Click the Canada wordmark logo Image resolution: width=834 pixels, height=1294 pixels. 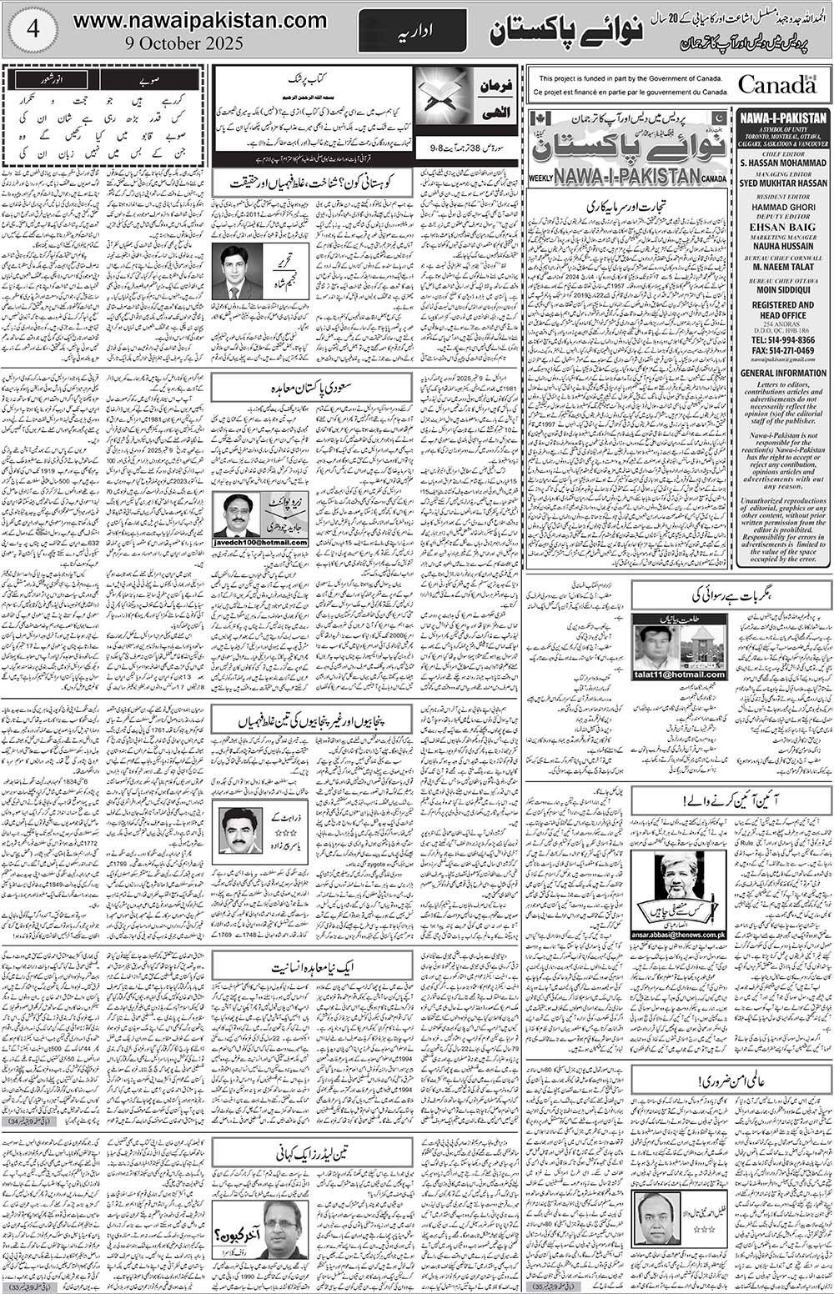pyautogui.click(x=776, y=84)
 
